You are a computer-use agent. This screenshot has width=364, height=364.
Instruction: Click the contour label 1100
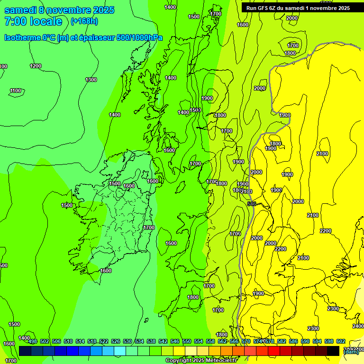16,91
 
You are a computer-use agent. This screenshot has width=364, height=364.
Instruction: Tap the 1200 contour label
36,66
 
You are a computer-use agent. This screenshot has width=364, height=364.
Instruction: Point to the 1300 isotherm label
91,80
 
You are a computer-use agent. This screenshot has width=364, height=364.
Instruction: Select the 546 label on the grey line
252,204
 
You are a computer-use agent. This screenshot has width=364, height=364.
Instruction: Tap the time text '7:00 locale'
33,21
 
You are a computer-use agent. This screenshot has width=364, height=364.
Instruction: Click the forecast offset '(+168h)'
84,21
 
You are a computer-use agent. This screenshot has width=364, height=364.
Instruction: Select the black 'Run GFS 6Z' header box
298,8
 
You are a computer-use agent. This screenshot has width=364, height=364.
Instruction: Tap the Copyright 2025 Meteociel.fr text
201,361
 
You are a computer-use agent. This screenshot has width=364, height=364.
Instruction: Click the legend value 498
33,341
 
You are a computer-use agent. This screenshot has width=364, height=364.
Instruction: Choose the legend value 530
127,341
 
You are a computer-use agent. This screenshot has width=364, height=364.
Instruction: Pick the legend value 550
187,341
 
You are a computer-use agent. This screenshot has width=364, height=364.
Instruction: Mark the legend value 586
293,341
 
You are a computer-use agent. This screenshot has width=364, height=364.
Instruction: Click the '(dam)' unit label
351,352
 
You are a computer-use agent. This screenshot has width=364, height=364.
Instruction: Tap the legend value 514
80,341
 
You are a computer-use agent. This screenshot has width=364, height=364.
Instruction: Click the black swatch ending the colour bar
333,351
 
